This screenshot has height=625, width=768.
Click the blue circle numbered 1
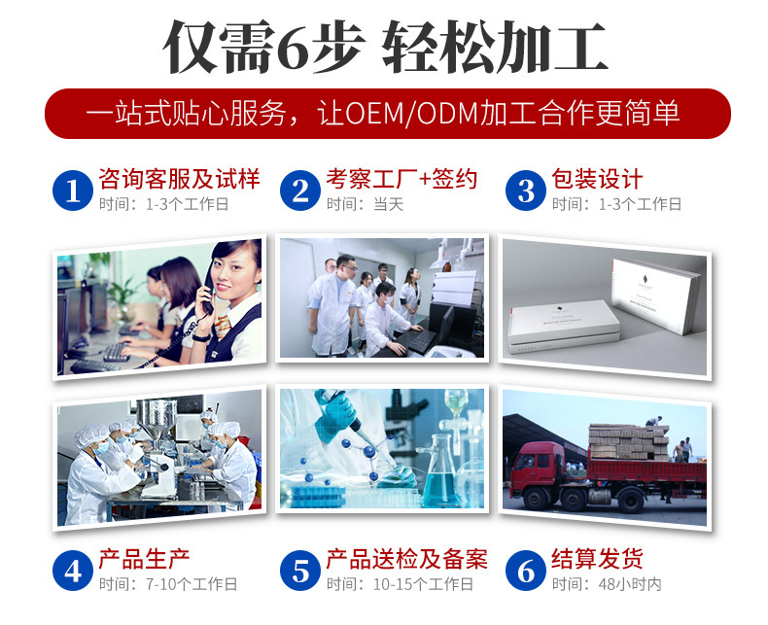click(73, 190)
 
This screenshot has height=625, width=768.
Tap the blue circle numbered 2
click(300, 190)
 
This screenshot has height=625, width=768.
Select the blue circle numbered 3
click(526, 190)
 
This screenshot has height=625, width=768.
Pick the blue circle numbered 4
click(73, 571)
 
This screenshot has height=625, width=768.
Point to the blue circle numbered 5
click(300, 571)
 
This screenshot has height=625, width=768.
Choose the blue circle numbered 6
click(526, 571)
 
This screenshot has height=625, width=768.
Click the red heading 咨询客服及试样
click(179, 179)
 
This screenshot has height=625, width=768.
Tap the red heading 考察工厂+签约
click(401, 179)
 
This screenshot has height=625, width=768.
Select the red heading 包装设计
click(597, 179)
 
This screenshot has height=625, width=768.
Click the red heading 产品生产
click(144, 559)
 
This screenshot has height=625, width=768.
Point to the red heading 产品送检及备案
click(406, 559)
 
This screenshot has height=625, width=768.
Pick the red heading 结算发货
click(597, 559)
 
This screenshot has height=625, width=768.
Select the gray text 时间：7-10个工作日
click(167, 584)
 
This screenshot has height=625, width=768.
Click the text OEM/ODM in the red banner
click(419, 113)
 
